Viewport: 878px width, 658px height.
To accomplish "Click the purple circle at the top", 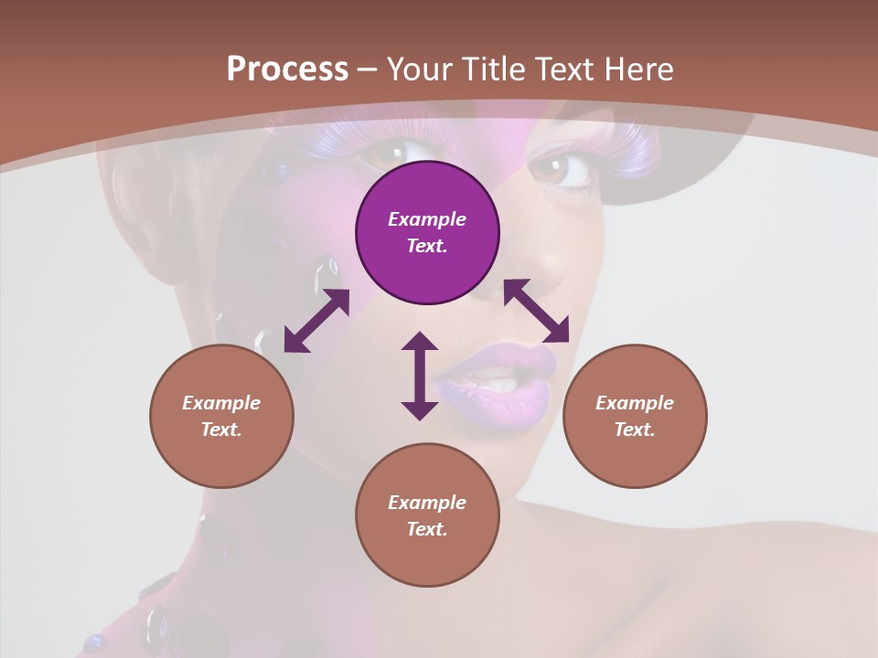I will [427, 232].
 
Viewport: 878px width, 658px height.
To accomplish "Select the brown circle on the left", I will [221, 416].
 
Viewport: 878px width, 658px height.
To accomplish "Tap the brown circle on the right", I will [635, 416].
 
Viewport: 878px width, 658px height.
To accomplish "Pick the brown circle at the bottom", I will [427, 515].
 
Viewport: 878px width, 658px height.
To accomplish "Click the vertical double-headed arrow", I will [420, 376].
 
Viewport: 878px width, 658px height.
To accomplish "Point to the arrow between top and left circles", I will [316, 321].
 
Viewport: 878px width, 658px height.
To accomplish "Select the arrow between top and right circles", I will [536, 311].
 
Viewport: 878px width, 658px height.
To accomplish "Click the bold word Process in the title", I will [287, 69].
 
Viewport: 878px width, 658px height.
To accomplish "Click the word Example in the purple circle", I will [427, 219].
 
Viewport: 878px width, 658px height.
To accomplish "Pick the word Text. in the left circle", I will [221, 430].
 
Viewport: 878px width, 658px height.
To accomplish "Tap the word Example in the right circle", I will [635, 403].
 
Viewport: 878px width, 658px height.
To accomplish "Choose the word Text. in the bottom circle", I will [427, 529].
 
